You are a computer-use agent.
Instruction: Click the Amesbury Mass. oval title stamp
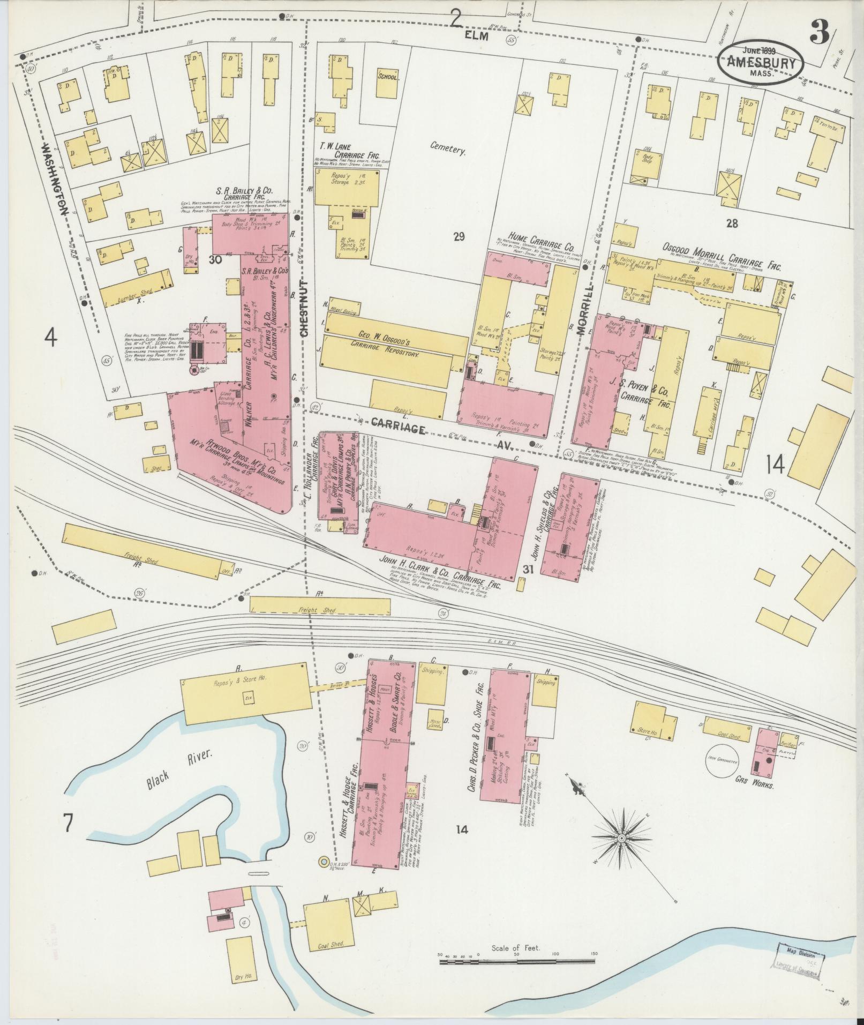(760, 63)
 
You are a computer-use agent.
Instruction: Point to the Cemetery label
(447, 149)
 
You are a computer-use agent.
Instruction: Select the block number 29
(459, 236)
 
